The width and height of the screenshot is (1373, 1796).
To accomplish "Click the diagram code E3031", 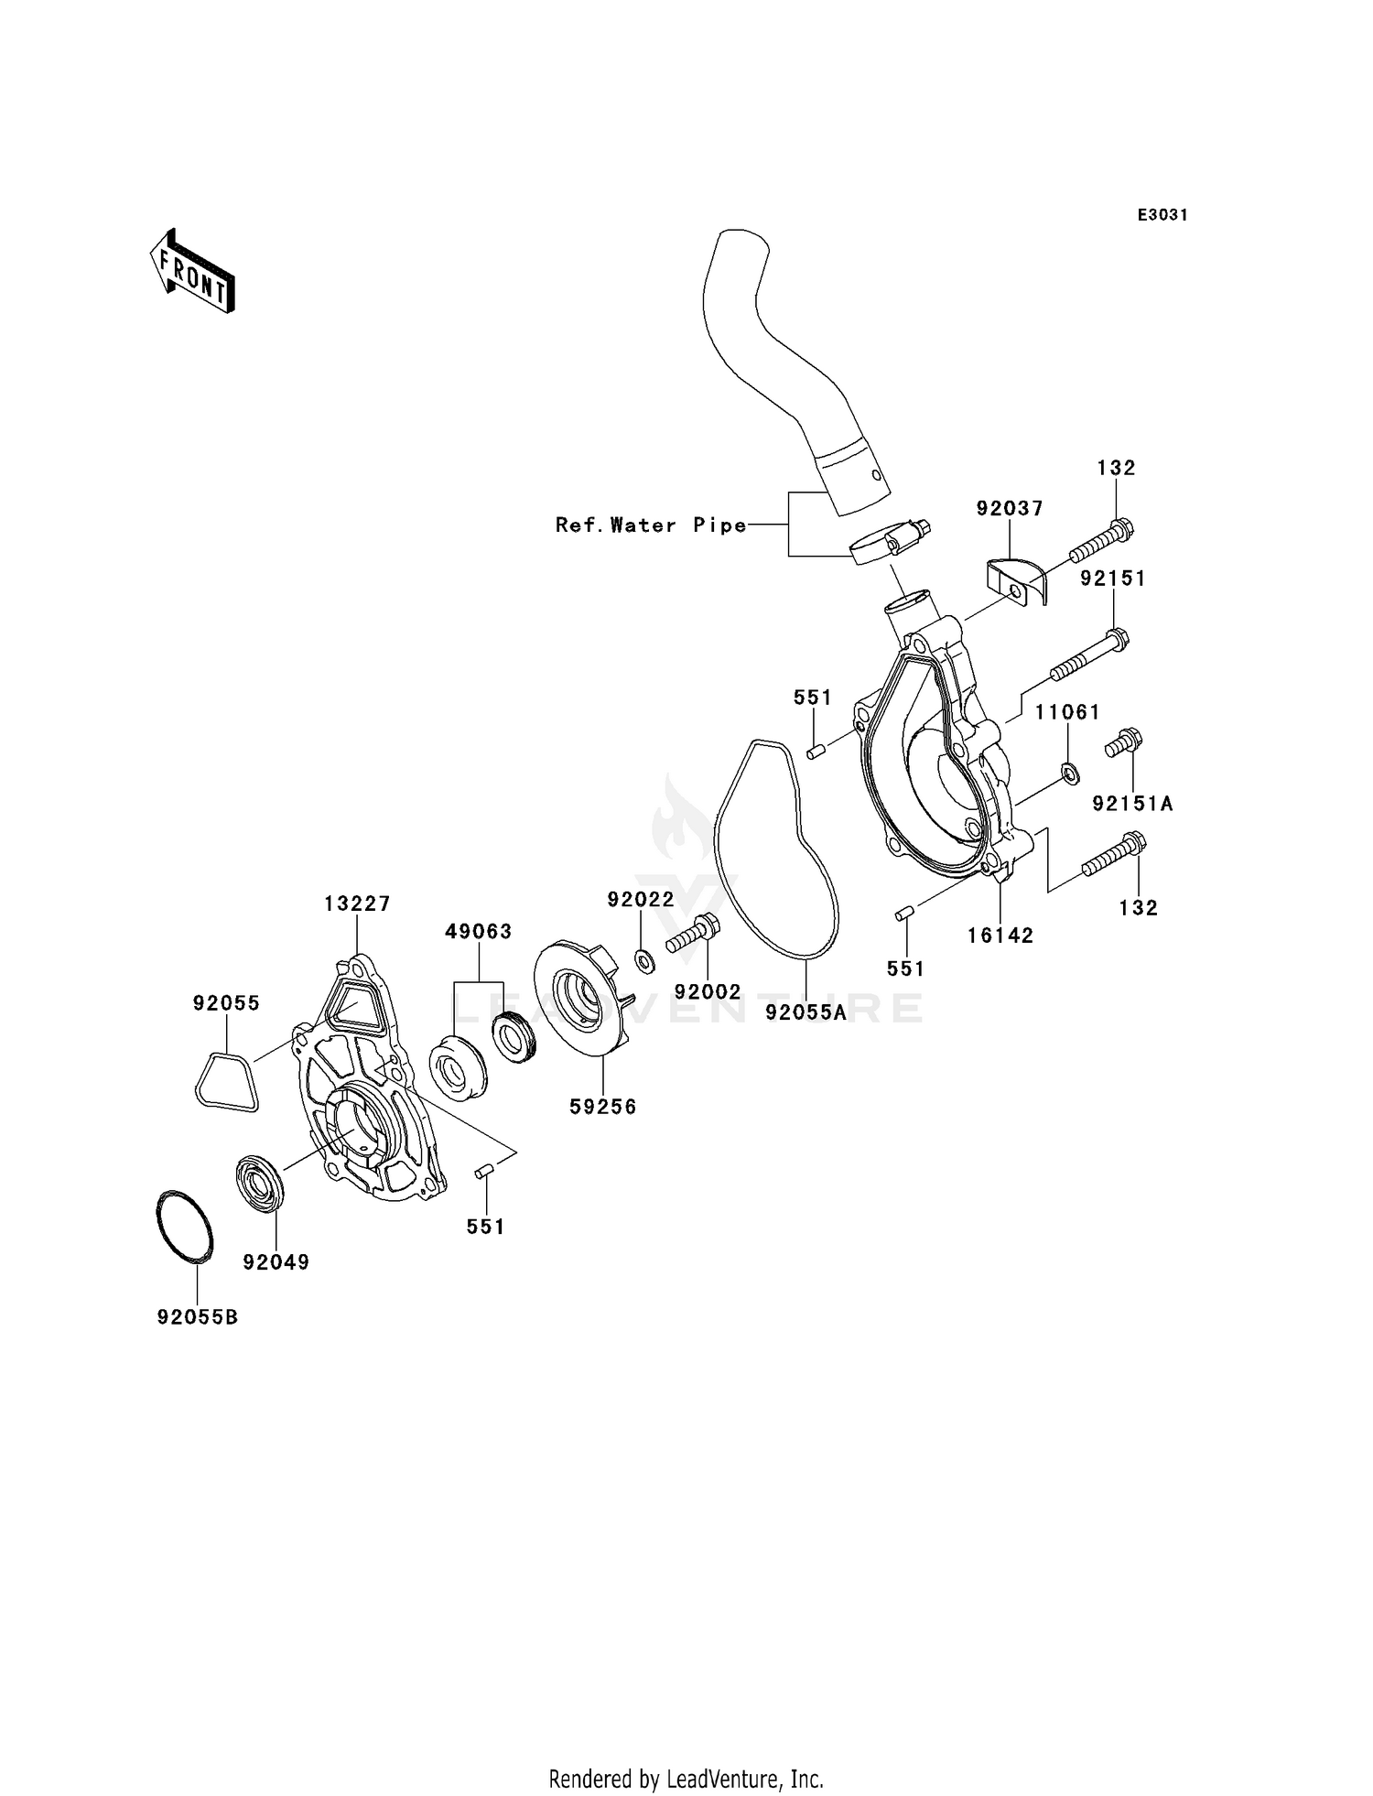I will [x=1162, y=215].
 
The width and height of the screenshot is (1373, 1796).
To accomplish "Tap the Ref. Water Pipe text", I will [x=651, y=525].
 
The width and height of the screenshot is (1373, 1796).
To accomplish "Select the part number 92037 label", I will [x=1010, y=509].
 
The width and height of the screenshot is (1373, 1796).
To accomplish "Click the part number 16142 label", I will [x=1000, y=936].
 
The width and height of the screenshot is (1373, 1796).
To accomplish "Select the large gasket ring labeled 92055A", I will [x=774, y=851].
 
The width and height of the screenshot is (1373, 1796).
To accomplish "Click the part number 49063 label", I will [x=478, y=932].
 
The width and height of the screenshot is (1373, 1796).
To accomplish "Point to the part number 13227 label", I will [x=357, y=904].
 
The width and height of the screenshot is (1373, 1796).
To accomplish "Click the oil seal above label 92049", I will [x=261, y=1186].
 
